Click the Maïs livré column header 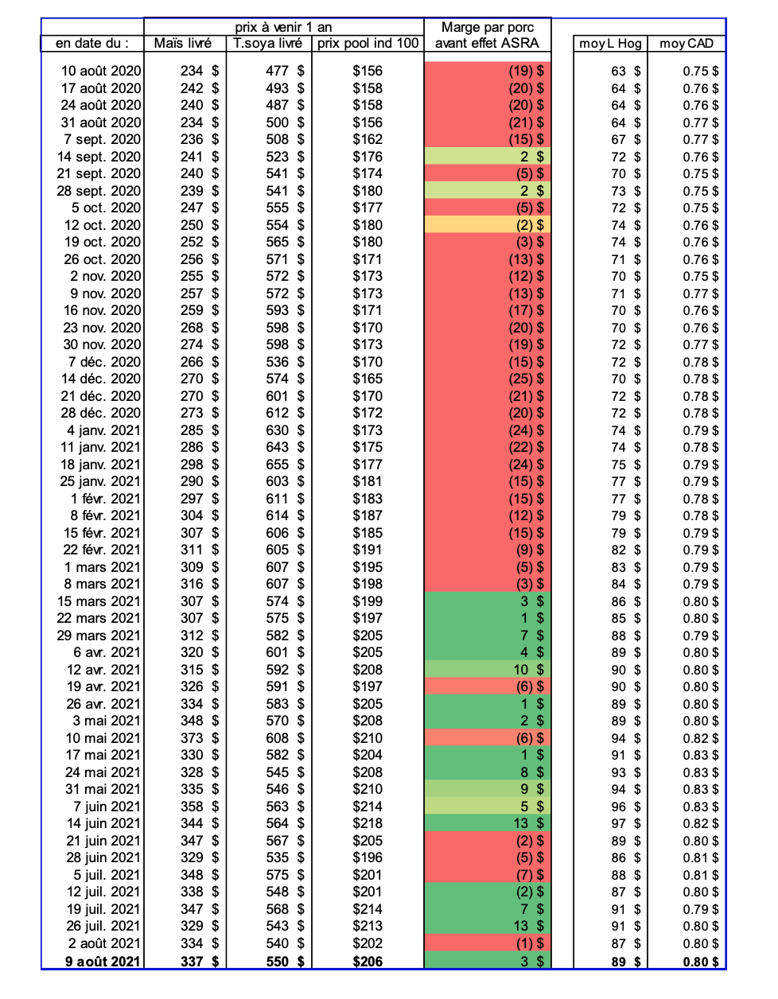(x=183, y=44)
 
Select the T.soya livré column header (x=268, y=44)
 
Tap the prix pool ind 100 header (x=368, y=44)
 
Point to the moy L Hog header (x=610, y=44)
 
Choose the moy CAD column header (x=687, y=44)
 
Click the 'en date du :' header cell (x=92, y=44)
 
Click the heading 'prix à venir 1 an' (x=283, y=27)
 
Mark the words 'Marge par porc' (x=488, y=27)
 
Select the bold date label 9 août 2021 (x=103, y=961)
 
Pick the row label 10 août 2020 (x=101, y=71)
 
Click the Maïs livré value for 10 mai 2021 (x=193, y=738)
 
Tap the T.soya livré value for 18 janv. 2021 (x=278, y=465)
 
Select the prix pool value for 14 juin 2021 (x=368, y=823)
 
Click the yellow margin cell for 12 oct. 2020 (x=488, y=225)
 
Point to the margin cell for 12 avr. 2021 (x=488, y=670)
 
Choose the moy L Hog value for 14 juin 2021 (x=619, y=823)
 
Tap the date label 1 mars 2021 (x=103, y=567)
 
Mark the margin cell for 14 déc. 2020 (x=488, y=379)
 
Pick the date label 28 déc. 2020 (x=102, y=413)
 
